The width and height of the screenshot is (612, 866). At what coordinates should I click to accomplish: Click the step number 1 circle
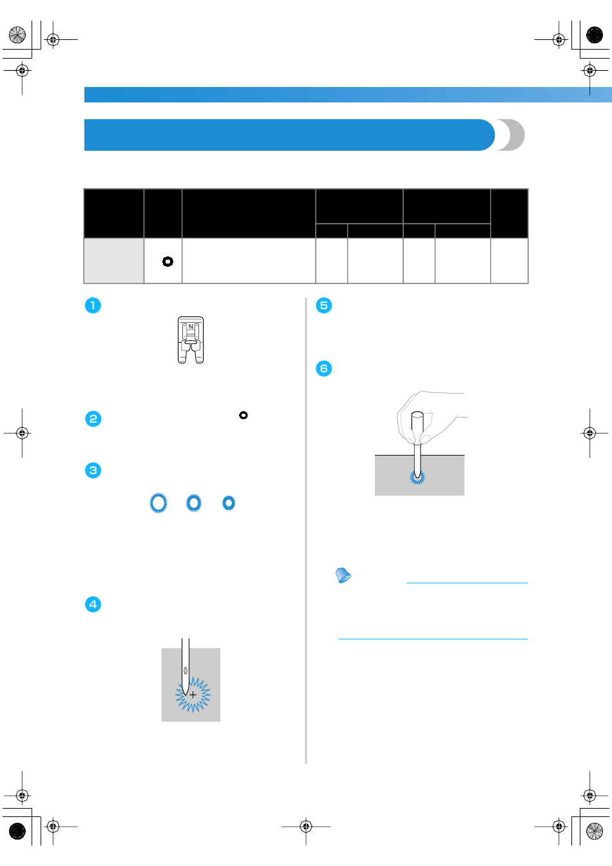93,305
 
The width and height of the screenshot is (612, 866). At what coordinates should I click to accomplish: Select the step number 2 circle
93,419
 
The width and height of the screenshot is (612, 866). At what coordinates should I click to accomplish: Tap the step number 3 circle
93,470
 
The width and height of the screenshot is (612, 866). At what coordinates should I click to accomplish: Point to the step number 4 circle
93,604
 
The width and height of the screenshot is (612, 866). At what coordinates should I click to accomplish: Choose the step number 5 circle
324,305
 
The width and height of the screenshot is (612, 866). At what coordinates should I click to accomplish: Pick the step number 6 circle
324,369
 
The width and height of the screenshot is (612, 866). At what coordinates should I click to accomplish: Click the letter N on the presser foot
191,327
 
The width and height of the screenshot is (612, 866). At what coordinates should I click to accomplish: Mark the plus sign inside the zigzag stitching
193,695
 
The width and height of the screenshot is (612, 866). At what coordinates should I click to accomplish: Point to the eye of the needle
186,670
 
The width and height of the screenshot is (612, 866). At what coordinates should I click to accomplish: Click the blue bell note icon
343,575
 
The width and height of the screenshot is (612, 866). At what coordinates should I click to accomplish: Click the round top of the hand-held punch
417,415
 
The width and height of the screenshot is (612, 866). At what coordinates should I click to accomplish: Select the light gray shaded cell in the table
114,260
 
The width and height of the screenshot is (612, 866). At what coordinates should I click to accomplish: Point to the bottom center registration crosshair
306,827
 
